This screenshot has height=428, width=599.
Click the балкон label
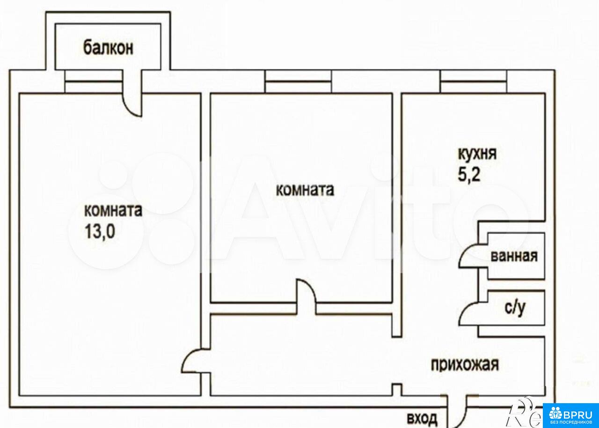[x=108, y=48]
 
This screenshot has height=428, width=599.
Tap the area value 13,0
[x=100, y=231]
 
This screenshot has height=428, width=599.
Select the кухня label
[x=477, y=155]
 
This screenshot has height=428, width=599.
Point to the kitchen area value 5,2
[x=469, y=175]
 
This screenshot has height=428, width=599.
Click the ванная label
[x=514, y=256]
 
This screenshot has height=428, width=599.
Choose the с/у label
[x=515, y=308]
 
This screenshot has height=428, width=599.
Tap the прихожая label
[x=465, y=365]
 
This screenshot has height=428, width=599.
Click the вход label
[x=422, y=418]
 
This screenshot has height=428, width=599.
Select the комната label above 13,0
[x=113, y=210]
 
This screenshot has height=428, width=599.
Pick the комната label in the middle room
[x=305, y=190]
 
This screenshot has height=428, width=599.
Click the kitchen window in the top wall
[x=474, y=81]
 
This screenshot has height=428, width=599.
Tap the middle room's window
[x=298, y=81]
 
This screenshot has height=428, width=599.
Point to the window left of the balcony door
[x=94, y=81]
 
